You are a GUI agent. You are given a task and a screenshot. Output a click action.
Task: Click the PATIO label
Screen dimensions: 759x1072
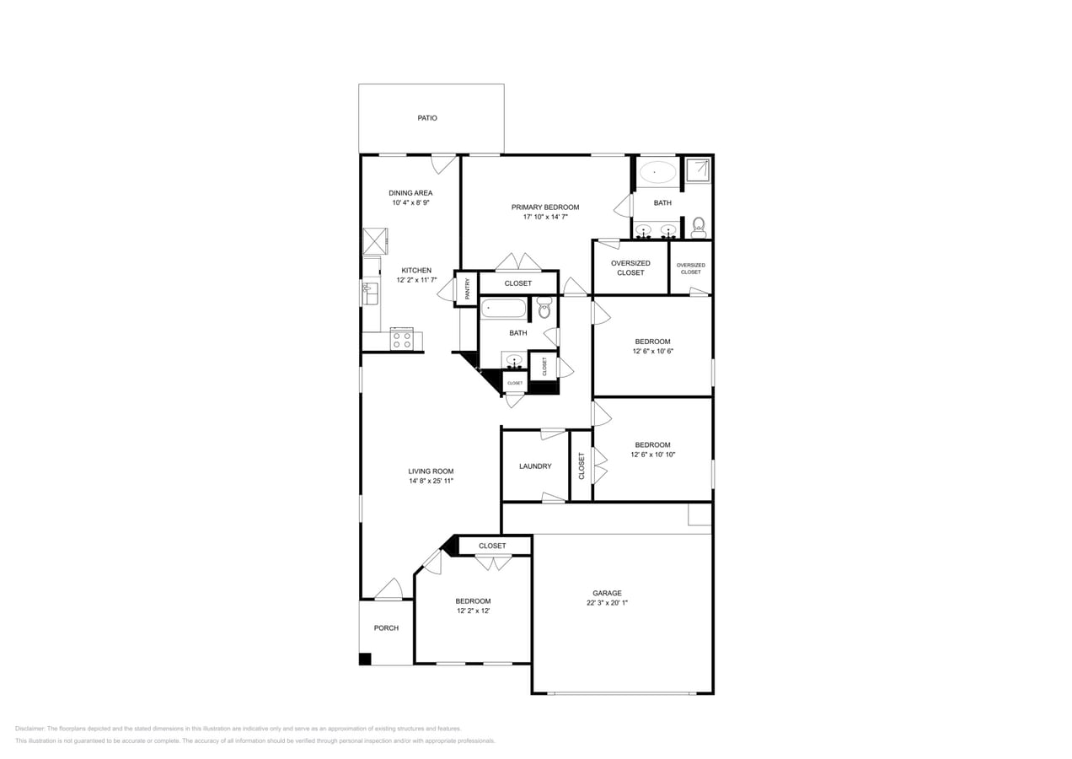coord(427,118)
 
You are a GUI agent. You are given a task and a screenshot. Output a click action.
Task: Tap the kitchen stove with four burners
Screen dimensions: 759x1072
coord(402,340)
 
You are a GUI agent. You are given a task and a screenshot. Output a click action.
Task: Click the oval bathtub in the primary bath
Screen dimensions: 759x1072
coord(657,172)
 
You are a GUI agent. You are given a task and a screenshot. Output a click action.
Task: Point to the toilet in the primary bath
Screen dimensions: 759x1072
coord(698,228)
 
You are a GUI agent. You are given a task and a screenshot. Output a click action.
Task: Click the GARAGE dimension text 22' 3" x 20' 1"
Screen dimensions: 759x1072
coord(607,603)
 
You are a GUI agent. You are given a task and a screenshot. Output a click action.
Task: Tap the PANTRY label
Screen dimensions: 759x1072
coord(468,288)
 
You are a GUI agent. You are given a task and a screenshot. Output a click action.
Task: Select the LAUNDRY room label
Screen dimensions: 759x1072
coord(535,466)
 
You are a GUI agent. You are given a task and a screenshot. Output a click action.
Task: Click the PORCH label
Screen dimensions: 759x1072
coord(386,628)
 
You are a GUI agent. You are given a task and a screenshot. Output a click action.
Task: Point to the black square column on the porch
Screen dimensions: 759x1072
coord(365,659)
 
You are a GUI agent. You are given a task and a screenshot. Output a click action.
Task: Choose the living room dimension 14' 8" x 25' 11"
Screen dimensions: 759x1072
coord(431,481)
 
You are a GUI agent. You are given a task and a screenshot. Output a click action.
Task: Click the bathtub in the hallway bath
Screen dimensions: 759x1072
coord(503,308)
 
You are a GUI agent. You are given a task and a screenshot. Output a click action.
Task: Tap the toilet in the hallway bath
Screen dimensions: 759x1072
coord(544,310)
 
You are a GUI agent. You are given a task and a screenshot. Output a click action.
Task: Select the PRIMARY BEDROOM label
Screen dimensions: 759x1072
coord(545,207)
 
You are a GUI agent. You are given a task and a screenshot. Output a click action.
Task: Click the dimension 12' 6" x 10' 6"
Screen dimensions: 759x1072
coord(652,352)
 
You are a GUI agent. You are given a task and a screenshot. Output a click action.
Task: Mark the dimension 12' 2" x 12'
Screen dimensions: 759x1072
coord(473,611)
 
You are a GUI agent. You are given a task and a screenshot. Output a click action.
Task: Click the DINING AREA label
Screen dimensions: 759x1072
coord(410,193)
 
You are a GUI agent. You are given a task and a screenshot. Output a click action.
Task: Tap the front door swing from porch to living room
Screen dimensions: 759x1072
coord(389,589)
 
